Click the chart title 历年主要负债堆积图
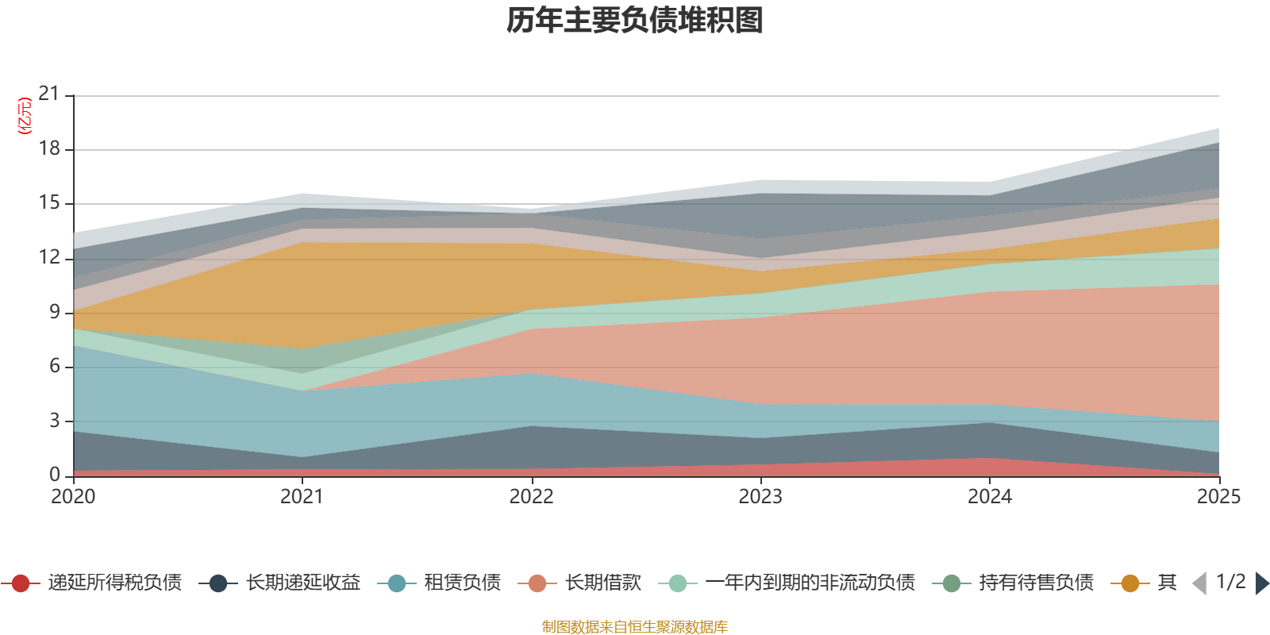point(635,21)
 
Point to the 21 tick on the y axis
point(49,94)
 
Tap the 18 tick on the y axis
point(49,148)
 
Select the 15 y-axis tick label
point(49,203)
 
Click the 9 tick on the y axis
point(54,312)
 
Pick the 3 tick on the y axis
point(54,421)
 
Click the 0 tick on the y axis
point(54,475)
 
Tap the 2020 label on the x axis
point(73,497)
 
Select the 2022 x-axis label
point(531,497)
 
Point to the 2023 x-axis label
point(760,497)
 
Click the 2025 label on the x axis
point(1218,497)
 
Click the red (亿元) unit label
point(25,116)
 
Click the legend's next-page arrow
point(1262,583)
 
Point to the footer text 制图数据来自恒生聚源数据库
point(635,627)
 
